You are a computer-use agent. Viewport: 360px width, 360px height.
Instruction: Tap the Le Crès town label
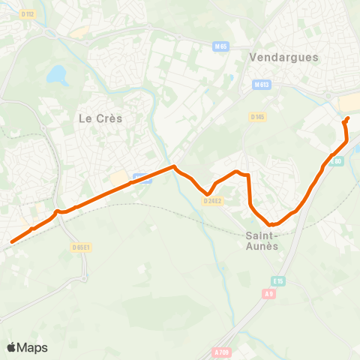(x=100, y=118)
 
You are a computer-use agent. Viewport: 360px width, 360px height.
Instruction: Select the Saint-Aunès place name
(x=262, y=240)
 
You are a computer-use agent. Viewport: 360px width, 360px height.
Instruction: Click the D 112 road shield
(x=28, y=13)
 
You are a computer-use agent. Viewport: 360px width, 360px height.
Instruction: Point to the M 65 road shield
(x=220, y=46)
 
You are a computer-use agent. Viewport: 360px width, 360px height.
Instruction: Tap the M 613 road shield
(x=261, y=84)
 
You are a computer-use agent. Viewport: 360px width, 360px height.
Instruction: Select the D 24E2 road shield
(x=212, y=200)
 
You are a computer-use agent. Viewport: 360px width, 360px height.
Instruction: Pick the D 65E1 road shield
(x=81, y=247)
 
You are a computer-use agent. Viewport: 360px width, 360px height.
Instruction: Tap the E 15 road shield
(x=278, y=280)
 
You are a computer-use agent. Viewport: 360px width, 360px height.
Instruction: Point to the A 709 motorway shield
(x=220, y=352)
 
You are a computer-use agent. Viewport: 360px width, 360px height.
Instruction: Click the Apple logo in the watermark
(x=11, y=347)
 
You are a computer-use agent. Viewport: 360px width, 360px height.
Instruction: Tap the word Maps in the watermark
(x=32, y=347)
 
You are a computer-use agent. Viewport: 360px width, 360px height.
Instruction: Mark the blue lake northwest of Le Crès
(x=56, y=74)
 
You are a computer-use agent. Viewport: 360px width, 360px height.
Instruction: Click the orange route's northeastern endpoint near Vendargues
(x=348, y=118)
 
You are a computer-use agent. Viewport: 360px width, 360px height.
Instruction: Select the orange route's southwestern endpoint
(x=12, y=242)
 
